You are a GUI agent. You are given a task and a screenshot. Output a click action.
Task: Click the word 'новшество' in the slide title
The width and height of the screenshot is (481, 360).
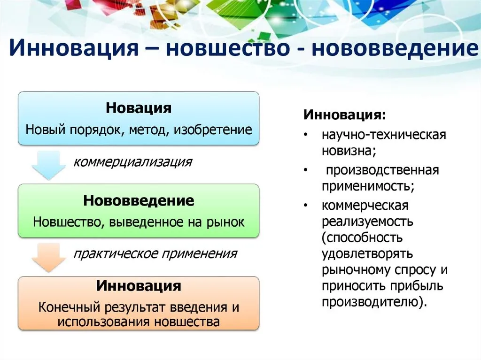pyautogui.click(x=227, y=48)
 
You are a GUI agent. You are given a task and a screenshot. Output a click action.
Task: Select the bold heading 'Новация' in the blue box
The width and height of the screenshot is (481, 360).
pyautogui.click(x=139, y=108)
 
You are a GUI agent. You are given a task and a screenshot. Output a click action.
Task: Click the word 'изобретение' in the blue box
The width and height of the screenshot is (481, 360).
pyautogui.click(x=213, y=130)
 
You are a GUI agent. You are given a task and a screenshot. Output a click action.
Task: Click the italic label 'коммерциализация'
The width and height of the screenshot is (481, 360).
pyautogui.click(x=132, y=161)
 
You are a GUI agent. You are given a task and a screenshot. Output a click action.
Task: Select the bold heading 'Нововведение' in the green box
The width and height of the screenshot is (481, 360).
pyautogui.click(x=139, y=200)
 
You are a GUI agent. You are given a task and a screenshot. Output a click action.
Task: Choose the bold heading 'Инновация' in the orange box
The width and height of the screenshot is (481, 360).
pyautogui.click(x=139, y=286)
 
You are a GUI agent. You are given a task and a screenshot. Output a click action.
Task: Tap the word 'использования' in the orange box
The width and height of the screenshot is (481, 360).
pyautogui.click(x=104, y=322)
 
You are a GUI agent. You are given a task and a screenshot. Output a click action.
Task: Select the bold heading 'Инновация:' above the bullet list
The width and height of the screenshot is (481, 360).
pyautogui.click(x=344, y=115)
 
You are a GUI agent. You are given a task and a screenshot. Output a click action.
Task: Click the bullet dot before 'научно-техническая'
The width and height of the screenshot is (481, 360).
pyautogui.click(x=305, y=135)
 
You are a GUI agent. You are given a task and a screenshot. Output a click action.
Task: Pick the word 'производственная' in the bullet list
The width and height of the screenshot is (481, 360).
pyautogui.click(x=382, y=170)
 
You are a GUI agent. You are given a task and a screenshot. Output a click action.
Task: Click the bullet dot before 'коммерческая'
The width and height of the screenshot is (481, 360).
pyautogui.click(x=305, y=205)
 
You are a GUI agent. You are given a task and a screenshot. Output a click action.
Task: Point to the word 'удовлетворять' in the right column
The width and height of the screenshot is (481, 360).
pyautogui.click(x=367, y=254)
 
